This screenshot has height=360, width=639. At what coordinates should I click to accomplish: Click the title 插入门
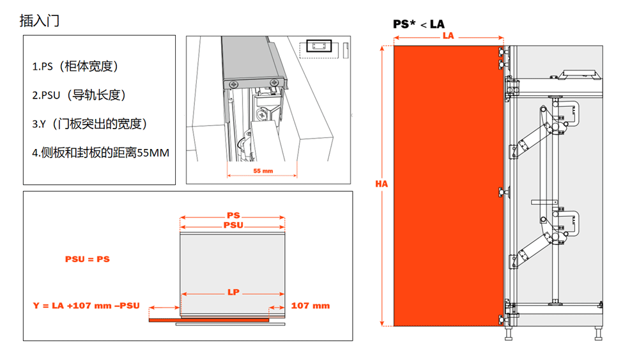point(40,21)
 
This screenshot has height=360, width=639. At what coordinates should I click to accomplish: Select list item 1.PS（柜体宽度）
point(75,66)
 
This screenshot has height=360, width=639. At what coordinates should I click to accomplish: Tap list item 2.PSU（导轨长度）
point(79,95)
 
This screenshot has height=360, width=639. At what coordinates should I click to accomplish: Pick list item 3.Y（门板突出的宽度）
point(89,123)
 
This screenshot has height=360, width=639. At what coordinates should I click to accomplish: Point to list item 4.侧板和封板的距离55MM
point(101,153)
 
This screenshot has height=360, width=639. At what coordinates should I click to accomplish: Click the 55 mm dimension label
point(263,171)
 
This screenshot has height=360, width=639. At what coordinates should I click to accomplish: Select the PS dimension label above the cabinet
point(233,215)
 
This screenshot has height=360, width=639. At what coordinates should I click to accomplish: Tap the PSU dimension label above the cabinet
point(233,225)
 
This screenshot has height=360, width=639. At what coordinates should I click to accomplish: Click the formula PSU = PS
point(88,260)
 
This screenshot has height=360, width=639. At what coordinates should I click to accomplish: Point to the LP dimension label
point(233,292)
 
